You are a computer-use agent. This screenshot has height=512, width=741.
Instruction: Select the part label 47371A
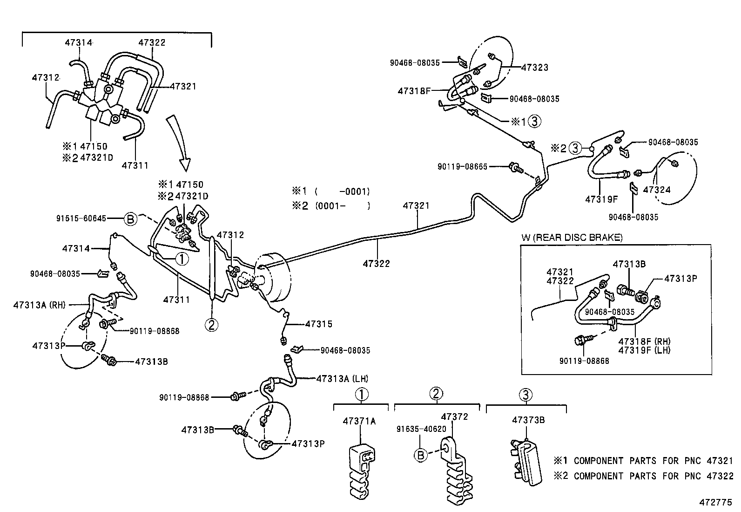click(359, 421)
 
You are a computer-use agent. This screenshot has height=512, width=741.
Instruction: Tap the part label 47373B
click(528, 420)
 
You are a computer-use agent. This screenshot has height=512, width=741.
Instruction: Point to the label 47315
click(319, 324)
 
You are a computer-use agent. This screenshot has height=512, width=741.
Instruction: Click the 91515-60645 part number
click(81, 218)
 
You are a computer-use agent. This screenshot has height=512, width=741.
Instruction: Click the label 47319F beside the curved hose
click(601, 199)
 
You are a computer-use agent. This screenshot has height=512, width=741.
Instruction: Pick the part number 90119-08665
click(462, 166)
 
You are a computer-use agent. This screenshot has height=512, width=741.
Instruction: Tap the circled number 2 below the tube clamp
click(211, 325)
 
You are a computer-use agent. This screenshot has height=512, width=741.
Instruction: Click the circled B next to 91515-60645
click(131, 218)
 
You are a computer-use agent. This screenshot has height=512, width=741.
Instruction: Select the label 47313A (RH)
click(40, 305)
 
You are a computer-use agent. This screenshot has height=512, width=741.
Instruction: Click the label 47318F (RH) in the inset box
click(644, 341)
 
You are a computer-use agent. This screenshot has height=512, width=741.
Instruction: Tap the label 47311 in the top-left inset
click(135, 165)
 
